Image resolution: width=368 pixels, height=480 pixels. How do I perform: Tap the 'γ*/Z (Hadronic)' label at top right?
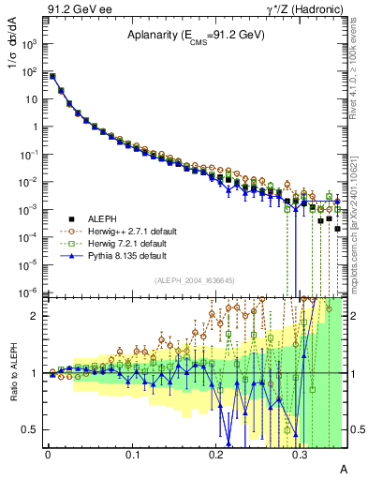(305, 11)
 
